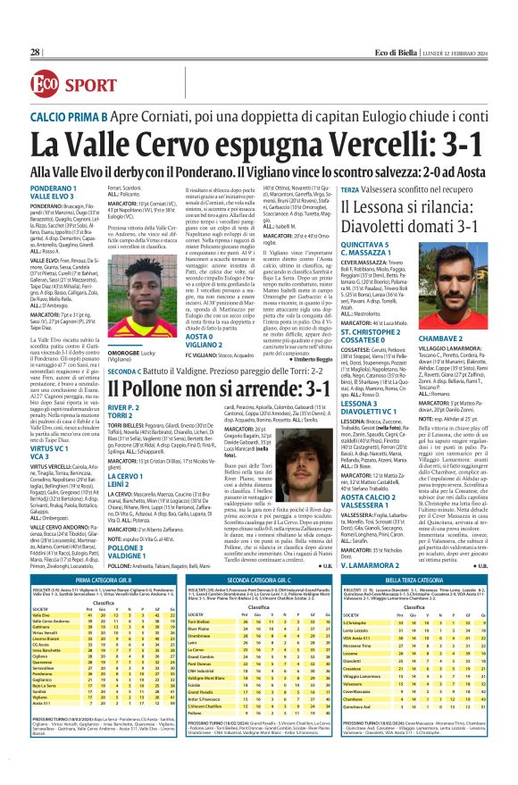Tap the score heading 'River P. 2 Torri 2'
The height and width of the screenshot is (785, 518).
click(125, 415)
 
